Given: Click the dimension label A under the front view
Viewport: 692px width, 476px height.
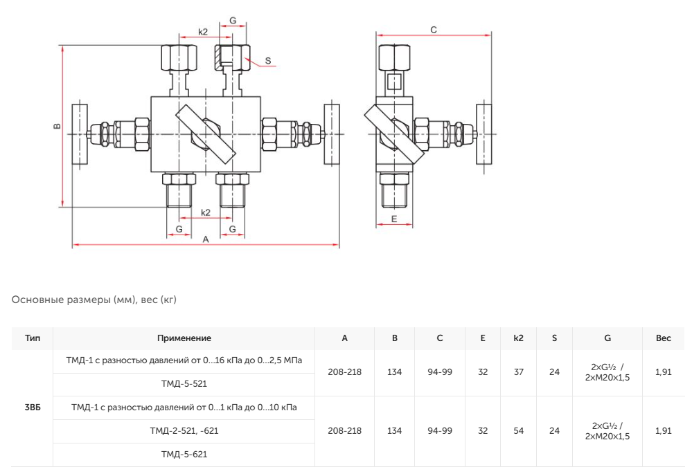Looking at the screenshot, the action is pyautogui.click(x=206, y=239).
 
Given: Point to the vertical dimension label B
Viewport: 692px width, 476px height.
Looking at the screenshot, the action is pyautogui.click(x=57, y=126).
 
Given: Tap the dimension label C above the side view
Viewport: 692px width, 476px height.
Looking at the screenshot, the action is pyautogui.click(x=434, y=30).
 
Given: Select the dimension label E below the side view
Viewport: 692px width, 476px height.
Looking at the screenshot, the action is pyautogui.click(x=394, y=219).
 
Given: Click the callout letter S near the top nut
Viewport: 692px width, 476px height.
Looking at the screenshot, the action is pyautogui.click(x=268, y=61).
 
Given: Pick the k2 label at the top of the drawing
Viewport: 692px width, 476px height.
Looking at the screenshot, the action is pyautogui.click(x=202, y=32).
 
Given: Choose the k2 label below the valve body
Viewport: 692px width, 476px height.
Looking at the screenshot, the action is pyautogui.click(x=206, y=212).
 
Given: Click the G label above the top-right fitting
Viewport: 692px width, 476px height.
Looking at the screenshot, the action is pyautogui.click(x=233, y=20).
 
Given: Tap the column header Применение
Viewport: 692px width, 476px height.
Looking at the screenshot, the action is pyautogui.click(x=184, y=338).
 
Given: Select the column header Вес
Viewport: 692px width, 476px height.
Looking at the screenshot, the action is pyautogui.click(x=664, y=338).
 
